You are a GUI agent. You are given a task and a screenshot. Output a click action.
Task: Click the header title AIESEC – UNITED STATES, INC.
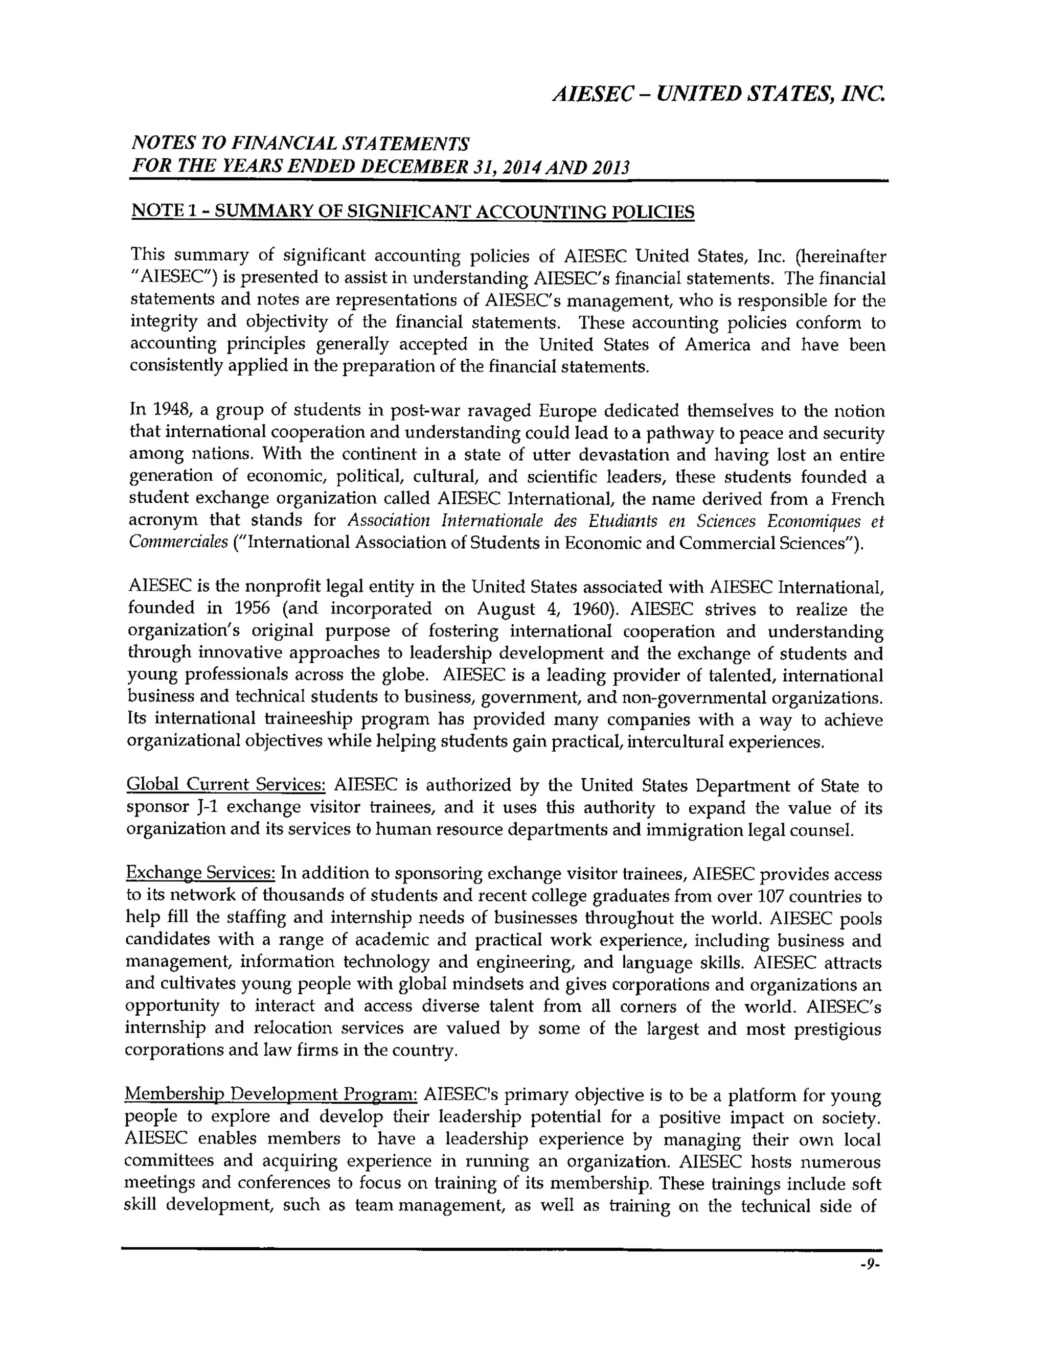point(718,95)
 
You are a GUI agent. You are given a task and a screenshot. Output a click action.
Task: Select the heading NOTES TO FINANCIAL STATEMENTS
point(300,144)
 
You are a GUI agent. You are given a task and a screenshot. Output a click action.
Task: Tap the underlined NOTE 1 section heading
point(413,212)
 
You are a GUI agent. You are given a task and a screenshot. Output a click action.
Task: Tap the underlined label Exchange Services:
point(200,874)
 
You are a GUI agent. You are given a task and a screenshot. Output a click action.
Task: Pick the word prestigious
point(837,1029)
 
